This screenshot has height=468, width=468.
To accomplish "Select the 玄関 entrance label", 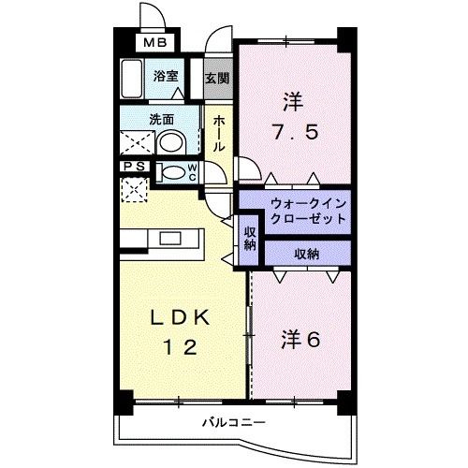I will pyautogui.click(x=217, y=79).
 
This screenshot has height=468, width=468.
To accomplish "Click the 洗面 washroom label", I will pyautogui.click(x=161, y=120).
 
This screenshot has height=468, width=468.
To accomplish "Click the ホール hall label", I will pyautogui.click(x=217, y=134).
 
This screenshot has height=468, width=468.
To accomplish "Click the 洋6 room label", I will pyautogui.click(x=300, y=339).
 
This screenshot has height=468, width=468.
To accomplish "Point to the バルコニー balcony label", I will pyautogui.click(x=234, y=423).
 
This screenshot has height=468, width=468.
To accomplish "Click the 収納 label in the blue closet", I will pyautogui.click(x=307, y=253).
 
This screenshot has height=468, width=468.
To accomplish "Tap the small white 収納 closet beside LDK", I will pyautogui.click(x=250, y=238).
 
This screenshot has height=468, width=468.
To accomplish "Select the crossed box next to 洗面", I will pyautogui.click(x=134, y=143).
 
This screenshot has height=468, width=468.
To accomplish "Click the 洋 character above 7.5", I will pyautogui.click(x=292, y=99).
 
